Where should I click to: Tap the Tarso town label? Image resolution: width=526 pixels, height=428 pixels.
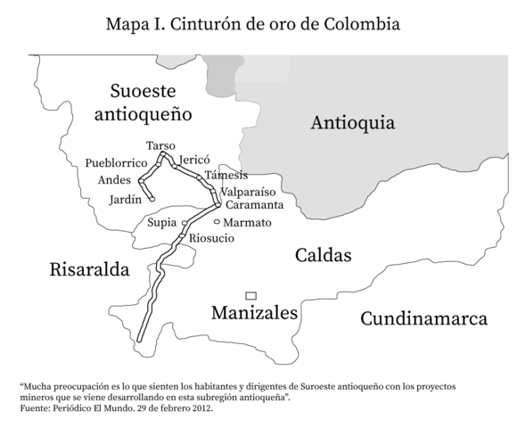click(160, 145)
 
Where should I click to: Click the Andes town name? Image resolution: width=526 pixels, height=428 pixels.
click(114, 180)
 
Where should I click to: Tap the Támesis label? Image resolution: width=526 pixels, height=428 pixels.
click(226, 175)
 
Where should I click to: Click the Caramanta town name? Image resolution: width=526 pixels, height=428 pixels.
click(254, 206)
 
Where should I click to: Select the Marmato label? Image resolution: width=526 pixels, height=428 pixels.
click(247, 221)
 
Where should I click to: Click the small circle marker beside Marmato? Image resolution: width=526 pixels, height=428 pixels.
click(217, 221)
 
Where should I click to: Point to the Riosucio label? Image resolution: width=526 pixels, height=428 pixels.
click(211, 238)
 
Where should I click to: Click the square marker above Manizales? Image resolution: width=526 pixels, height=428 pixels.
click(251, 295)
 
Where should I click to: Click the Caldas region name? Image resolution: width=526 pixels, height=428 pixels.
click(323, 256)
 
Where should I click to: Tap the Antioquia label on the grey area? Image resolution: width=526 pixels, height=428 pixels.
click(352, 124)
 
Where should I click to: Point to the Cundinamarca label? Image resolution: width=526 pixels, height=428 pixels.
click(424, 318)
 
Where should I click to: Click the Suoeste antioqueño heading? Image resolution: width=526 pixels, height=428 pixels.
click(143, 102)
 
